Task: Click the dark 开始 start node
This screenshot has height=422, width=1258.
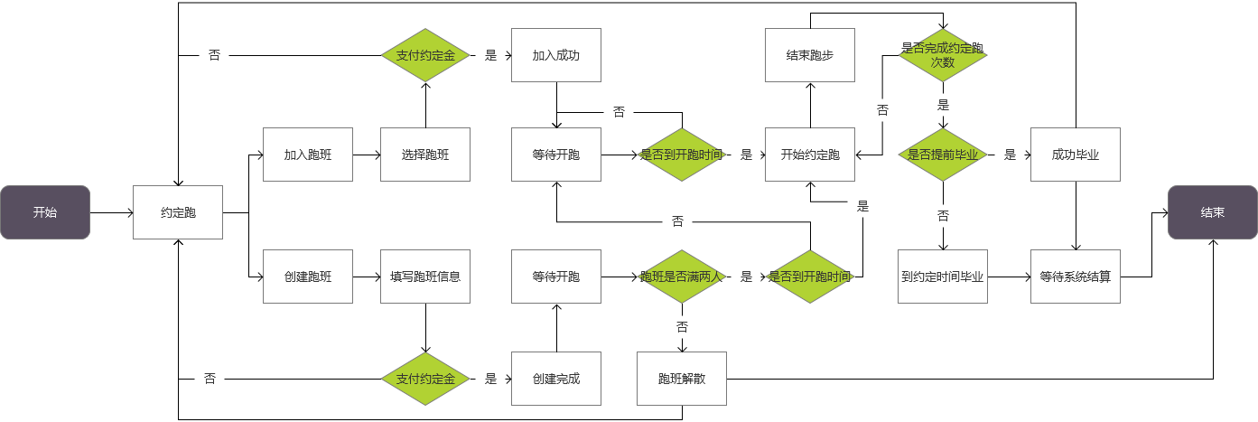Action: (x=45, y=212)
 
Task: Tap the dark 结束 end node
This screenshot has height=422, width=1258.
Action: (x=1212, y=212)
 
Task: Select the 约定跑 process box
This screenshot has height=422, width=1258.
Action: (x=178, y=212)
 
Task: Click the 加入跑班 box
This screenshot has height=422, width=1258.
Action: (x=308, y=155)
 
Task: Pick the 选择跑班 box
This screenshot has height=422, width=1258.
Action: (x=425, y=155)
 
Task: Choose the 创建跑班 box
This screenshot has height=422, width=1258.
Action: (x=308, y=277)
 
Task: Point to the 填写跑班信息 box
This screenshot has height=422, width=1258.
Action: (x=425, y=277)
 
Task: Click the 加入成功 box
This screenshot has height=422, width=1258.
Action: (x=556, y=55)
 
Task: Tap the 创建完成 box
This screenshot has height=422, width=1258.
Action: (x=556, y=379)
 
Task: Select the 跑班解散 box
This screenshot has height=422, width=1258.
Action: (x=682, y=379)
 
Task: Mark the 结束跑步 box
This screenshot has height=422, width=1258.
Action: (x=810, y=55)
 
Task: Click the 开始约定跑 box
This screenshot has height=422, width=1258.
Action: (x=810, y=155)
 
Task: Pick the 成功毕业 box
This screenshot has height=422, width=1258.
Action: (x=1076, y=155)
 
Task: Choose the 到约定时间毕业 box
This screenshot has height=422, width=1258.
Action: (x=943, y=277)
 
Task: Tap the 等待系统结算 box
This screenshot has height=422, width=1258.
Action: (x=1076, y=277)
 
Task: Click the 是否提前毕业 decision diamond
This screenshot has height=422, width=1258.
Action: (x=943, y=155)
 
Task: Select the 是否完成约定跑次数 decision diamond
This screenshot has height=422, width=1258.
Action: (x=943, y=55)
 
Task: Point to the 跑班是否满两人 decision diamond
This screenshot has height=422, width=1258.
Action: (x=682, y=277)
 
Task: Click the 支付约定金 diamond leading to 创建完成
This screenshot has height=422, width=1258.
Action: (x=425, y=379)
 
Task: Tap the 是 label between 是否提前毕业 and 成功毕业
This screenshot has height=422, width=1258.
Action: (x=1010, y=155)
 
